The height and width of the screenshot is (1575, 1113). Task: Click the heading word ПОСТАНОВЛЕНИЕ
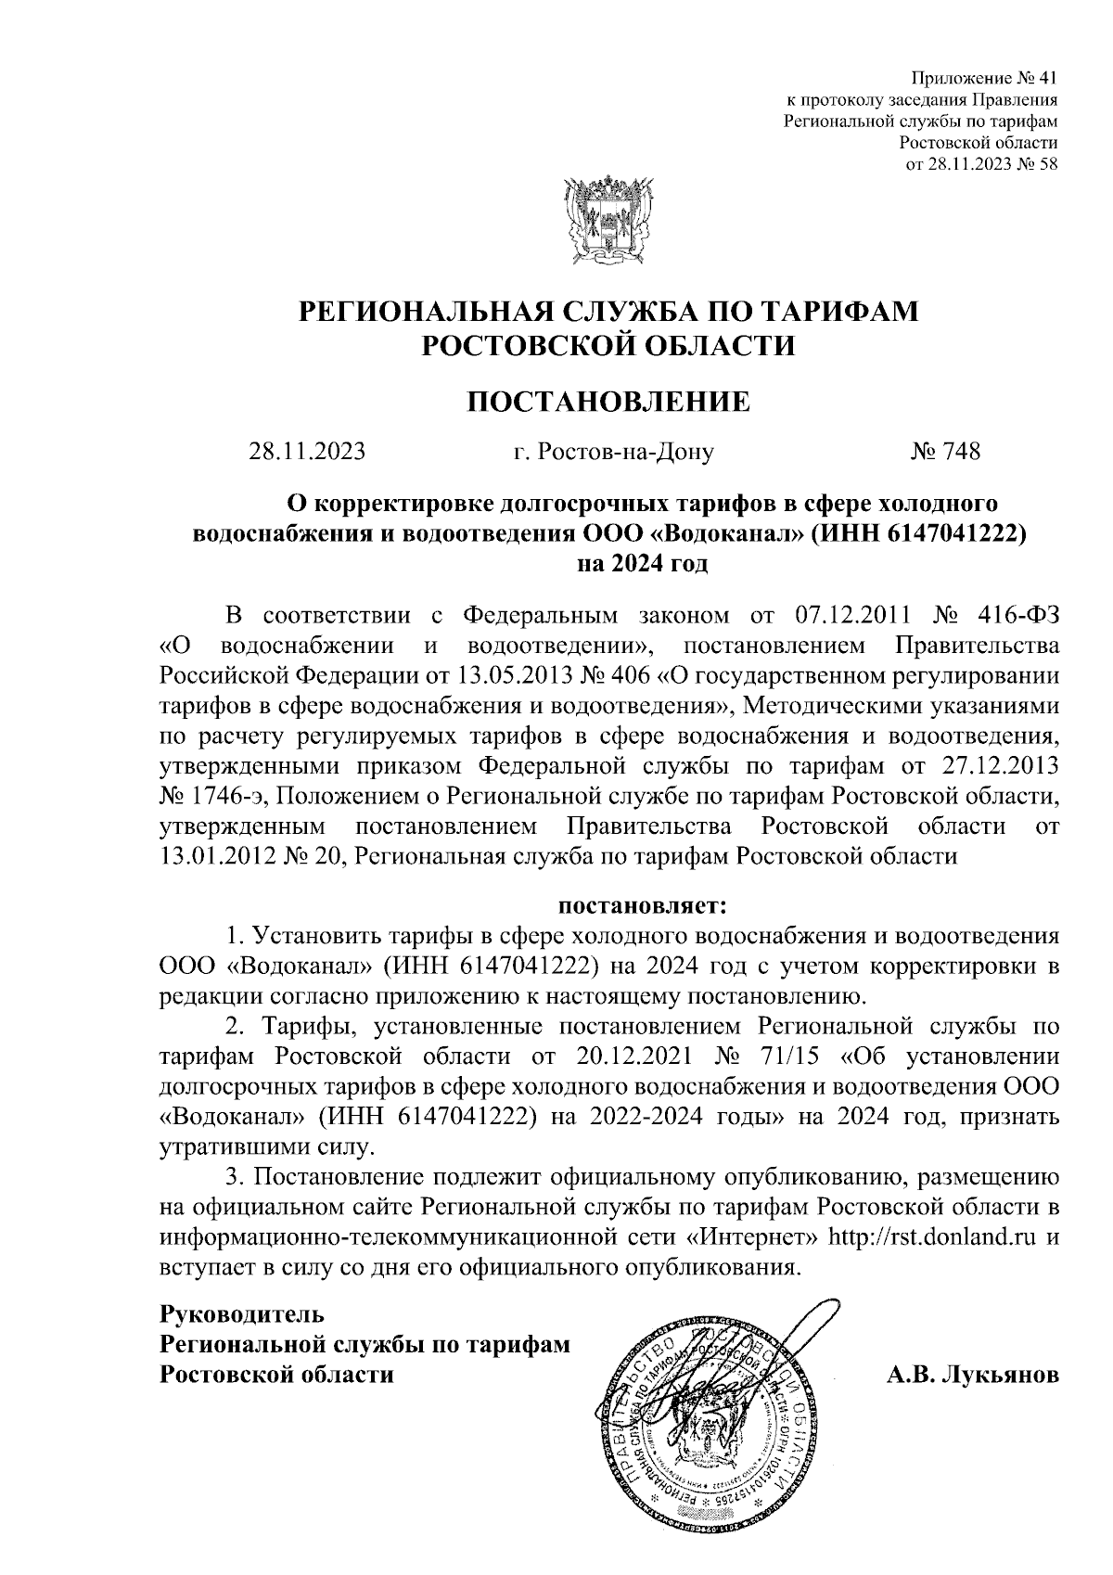click(x=608, y=402)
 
